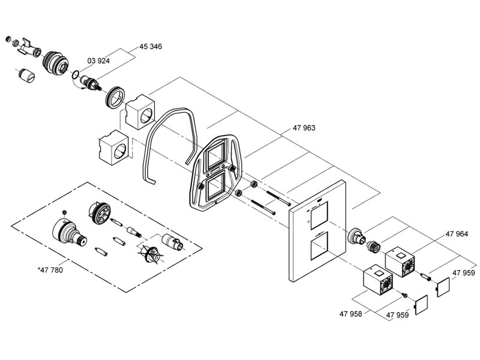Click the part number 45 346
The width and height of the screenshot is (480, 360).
coord(151,47)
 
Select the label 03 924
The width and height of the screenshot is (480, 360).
coord(98,61)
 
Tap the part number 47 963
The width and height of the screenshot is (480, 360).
coord(304,128)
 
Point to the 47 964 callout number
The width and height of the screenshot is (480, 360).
coord(457,234)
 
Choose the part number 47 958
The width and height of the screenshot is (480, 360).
coord(350,314)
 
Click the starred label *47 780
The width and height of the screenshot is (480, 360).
coord(50,270)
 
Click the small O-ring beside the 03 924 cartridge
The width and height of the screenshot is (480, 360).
coord(76,74)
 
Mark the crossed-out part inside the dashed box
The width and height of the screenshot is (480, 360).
coord(151,253)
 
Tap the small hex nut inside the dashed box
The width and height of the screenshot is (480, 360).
coord(64,212)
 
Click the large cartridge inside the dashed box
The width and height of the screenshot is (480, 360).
coord(68,233)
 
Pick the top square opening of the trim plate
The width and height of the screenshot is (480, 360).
coord(319,216)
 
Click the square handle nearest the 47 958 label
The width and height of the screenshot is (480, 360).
coord(378,280)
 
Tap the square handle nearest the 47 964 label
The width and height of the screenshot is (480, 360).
coord(400,262)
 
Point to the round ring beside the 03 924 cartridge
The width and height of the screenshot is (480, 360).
coord(115,98)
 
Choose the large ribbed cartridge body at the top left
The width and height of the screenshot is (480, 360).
coord(56,63)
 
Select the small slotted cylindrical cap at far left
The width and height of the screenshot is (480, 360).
coord(26,76)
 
